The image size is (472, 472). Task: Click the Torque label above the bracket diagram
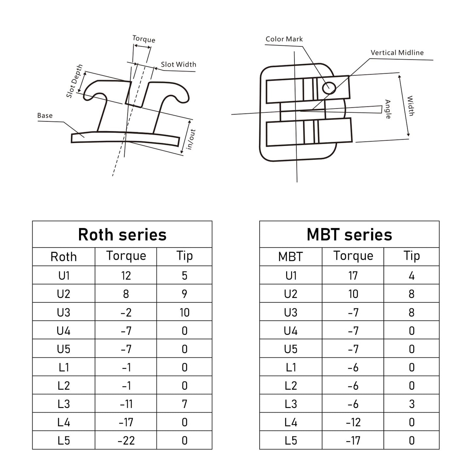pyautogui.click(x=144, y=39)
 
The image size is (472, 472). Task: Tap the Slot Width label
pyautogui.click(x=178, y=64)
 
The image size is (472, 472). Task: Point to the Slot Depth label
pyautogui.click(x=74, y=81)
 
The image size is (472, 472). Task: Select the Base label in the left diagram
pyautogui.click(x=45, y=116)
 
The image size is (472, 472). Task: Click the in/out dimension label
pyautogui.click(x=191, y=139)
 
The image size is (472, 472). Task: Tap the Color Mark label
pyautogui.click(x=284, y=39)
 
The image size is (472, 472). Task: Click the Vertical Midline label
pyautogui.click(x=397, y=53)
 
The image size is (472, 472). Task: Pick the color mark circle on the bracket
pyautogui.click(x=329, y=88)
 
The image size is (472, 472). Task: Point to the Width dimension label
pyautogui.click(x=410, y=106)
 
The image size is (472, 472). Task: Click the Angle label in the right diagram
pyautogui.click(x=388, y=109)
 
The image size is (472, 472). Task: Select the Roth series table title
pyautogui.click(x=122, y=235)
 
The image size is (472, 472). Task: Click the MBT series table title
pyautogui.click(x=349, y=235)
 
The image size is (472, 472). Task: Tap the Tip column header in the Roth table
pyautogui.click(x=184, y=256)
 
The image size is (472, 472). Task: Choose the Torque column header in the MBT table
pyautogui.click(x=353, y=256)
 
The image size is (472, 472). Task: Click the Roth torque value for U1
pyautogui.click(x=126, y=275)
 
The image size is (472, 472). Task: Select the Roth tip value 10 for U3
pyautogui.click(x=184, y=312)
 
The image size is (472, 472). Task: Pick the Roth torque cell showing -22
pyautogui.click(x=126, y=440)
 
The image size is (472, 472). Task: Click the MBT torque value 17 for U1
pyautogui.click(x=353, y=275)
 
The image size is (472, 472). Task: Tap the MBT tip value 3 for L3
pyautogui.click(x=411, y=404)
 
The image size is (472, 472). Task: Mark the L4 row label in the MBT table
pyautogui.click(x=290, y=422)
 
